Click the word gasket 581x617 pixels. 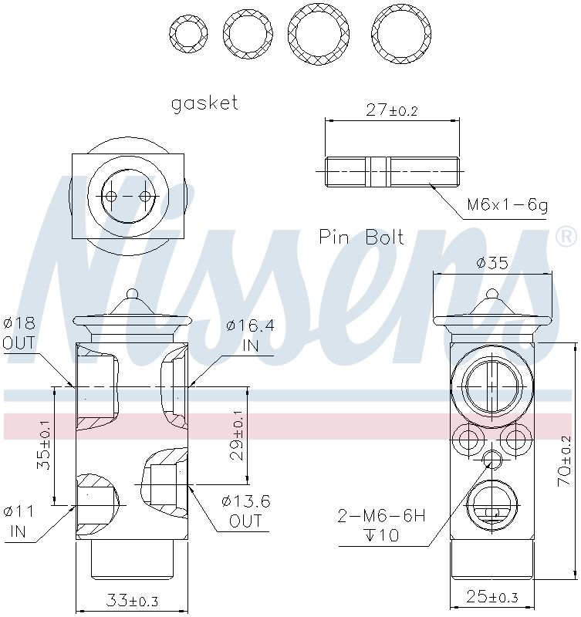point(204,103)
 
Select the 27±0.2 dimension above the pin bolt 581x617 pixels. point(391,110)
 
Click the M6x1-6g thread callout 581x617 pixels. point(507,205)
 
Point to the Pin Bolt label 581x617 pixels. point(361,238)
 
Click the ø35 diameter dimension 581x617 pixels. point(492,262)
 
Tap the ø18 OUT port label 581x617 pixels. point(19,333)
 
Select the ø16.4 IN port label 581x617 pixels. point(250,335)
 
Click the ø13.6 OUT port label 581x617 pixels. point(245,511)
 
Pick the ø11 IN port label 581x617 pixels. point(19,521)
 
